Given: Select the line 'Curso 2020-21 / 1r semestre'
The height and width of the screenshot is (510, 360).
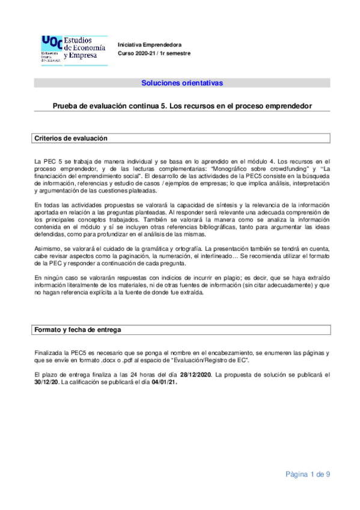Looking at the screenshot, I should tap(154, 54).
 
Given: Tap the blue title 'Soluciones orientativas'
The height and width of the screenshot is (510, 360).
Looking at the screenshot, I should tap(182, 82).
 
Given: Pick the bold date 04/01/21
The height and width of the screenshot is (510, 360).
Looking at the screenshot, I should tap(165, 382).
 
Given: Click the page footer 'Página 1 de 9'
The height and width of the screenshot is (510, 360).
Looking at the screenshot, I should tap(308, 475).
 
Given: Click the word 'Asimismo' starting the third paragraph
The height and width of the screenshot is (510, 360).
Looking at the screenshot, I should tap(48, 249).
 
